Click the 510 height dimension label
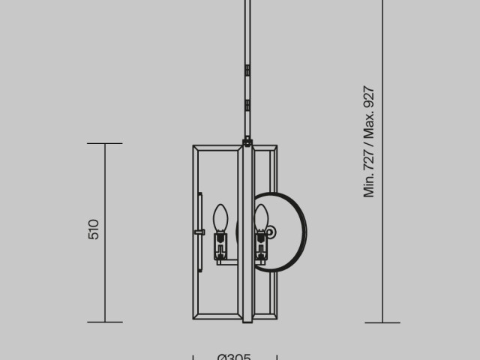pyautogui.click(x=94, y=229)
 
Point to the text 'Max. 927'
pyautogui.click(x=369, y=112)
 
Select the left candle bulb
pyautogui.click(x=220, y=218)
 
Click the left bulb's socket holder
pyautogui.click(x=220, y=245)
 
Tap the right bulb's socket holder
pyautogui.click(x=261, y=244)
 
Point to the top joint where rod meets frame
pyautogui.click(x=247, y=140)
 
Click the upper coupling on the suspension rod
pyautogui.click(x=247, y=70)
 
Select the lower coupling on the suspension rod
pyautogui.click(x=247, y=106)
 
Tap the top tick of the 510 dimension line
pyautogui.click(x=104, y=143)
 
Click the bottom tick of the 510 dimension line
pyautogui.click(x=104, y=322)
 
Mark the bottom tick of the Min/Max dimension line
pyautogui.click(x=382, y=322)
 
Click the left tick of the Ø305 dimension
pyautogui.click(x=193, y=357)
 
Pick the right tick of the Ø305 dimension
pyautogui.click(x=277, y=357)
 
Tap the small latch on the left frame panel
pyautogui.click(x=199, y=232)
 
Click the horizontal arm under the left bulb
pyautogui.click(x=228, y=261)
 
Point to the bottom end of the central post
pyautogui.click(x=247, y=320)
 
